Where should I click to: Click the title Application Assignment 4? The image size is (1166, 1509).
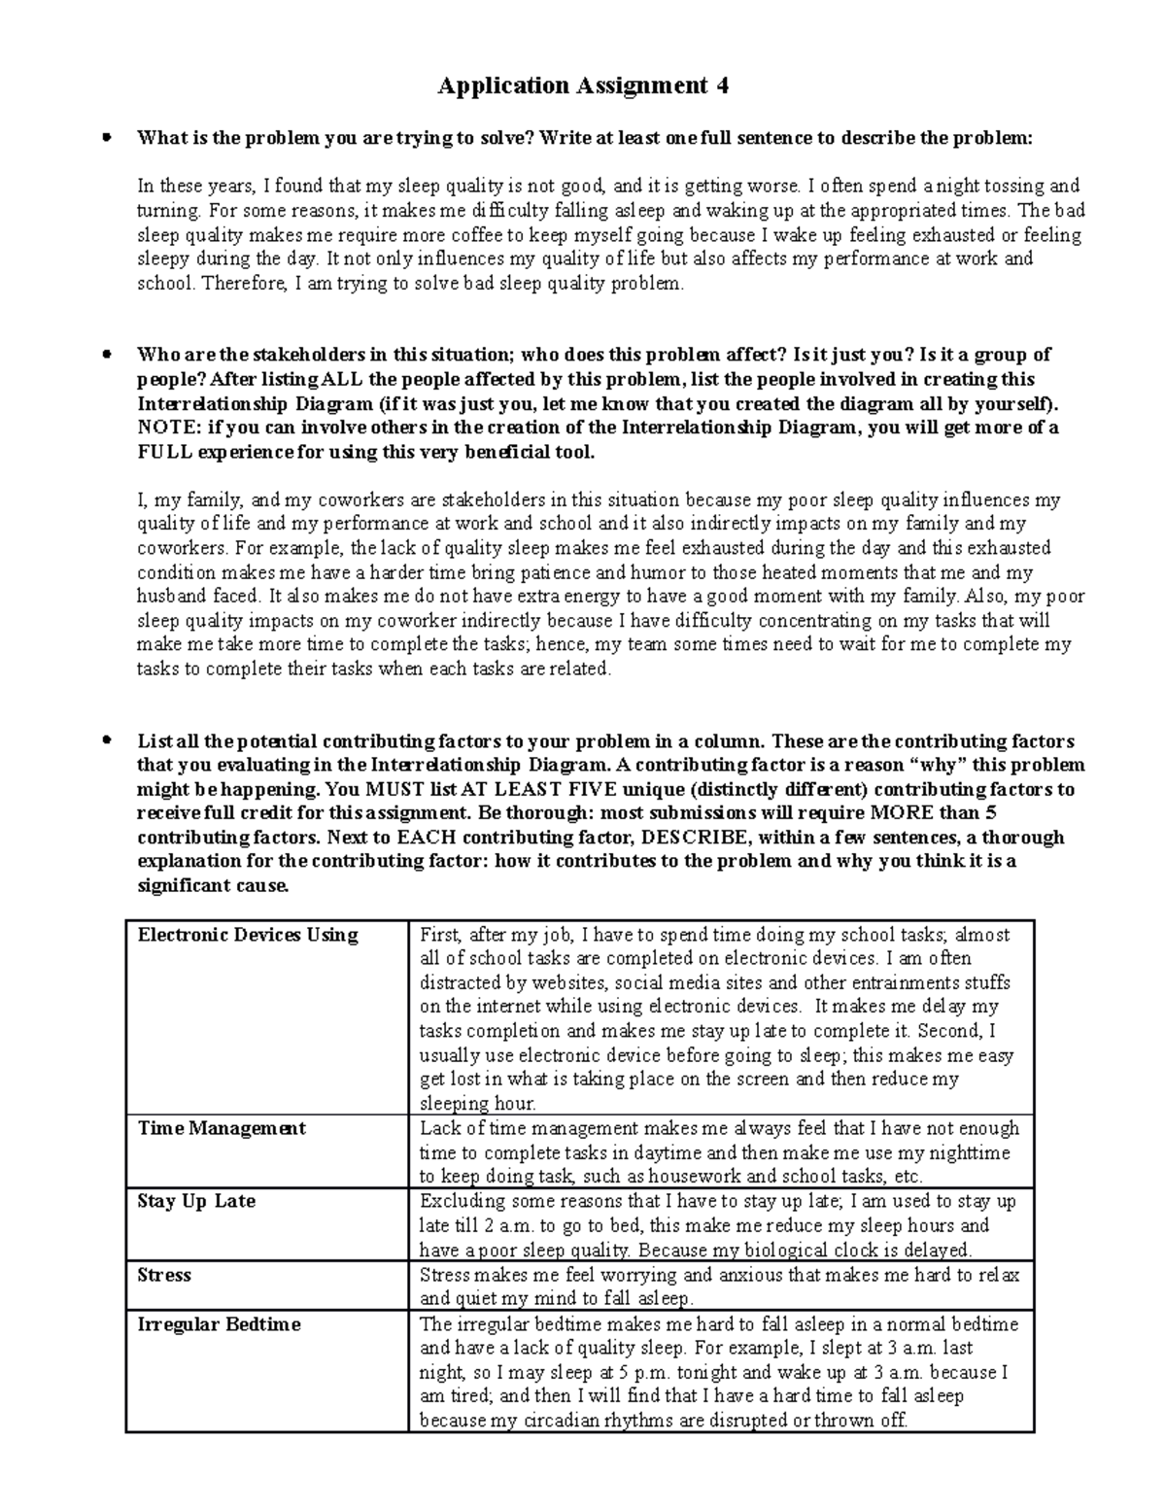click(x=582, y=86)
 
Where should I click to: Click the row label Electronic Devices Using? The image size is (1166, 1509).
click(x=248, y=935)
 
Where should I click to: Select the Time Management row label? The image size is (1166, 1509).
click(x=222, y=1128)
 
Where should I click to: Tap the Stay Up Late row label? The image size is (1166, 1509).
click(x=196, y=1201)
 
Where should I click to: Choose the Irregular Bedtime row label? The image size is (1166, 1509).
click(x=219, y=1324)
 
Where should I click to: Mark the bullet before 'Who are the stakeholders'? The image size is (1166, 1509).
click(x=108, y=355)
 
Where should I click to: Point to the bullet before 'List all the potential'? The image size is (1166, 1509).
click(x=108, y=740)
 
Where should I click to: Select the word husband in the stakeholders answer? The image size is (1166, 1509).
click(x=172, y=597)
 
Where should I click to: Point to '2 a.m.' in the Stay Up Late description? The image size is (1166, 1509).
click(x=506, y=1226)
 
